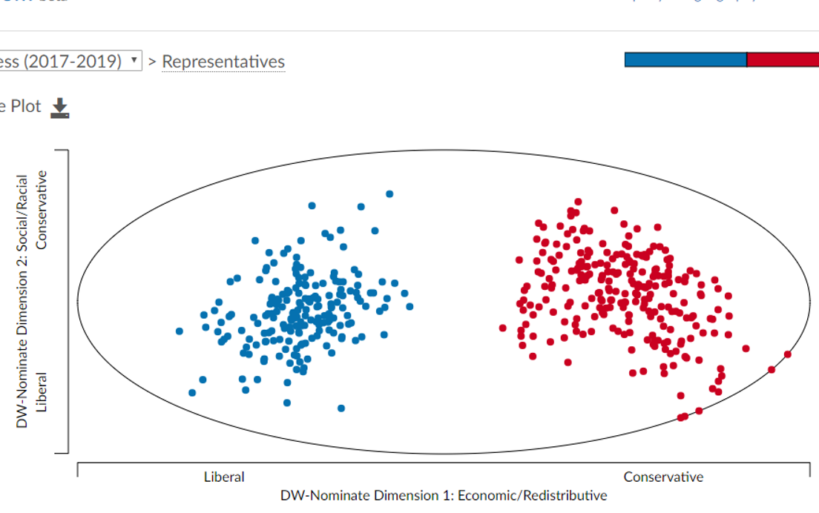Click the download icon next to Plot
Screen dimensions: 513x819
[59, 108]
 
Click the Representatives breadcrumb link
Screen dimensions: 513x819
[223, 62]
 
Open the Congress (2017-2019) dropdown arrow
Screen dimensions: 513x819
[134, 60]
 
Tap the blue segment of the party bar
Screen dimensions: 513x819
[685, 60]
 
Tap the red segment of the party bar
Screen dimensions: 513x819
[782, 60]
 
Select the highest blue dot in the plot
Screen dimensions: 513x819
[389, 194]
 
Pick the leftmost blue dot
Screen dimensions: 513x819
[180, 331]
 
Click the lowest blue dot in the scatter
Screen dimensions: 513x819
[341, 408]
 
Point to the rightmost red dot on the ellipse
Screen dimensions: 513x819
[788, 354]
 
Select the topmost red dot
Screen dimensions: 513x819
[578, 202]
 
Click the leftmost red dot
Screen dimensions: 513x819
[503, 328]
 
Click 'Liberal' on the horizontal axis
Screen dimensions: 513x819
[224, 477]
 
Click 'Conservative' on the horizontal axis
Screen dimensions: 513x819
[663, 477]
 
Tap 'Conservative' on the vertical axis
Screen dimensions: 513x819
[42, 210]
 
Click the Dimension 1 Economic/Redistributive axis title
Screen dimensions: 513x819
[443, 495]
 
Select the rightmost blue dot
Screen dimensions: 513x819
[409, 306]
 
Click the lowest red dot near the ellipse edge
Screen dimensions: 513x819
[681, 417]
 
